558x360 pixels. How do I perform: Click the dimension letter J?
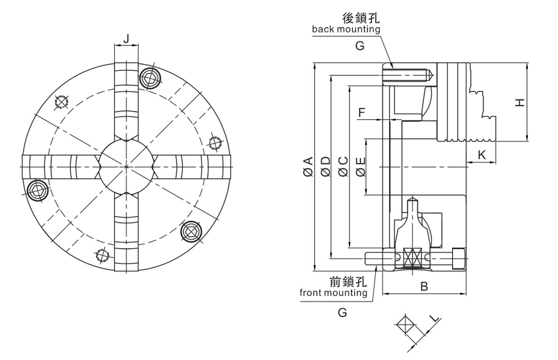point(126,39)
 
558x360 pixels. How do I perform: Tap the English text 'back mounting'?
point(346,30)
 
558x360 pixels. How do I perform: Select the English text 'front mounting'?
point(334,293)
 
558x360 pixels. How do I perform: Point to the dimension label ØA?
point(309,167)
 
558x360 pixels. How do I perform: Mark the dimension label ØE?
point(360,167)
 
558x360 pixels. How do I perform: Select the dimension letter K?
point(482,155)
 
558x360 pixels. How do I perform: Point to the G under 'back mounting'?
point(359,46)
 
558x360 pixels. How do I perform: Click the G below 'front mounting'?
point(342,312)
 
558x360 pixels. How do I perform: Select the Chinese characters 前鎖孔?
point(347,281)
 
